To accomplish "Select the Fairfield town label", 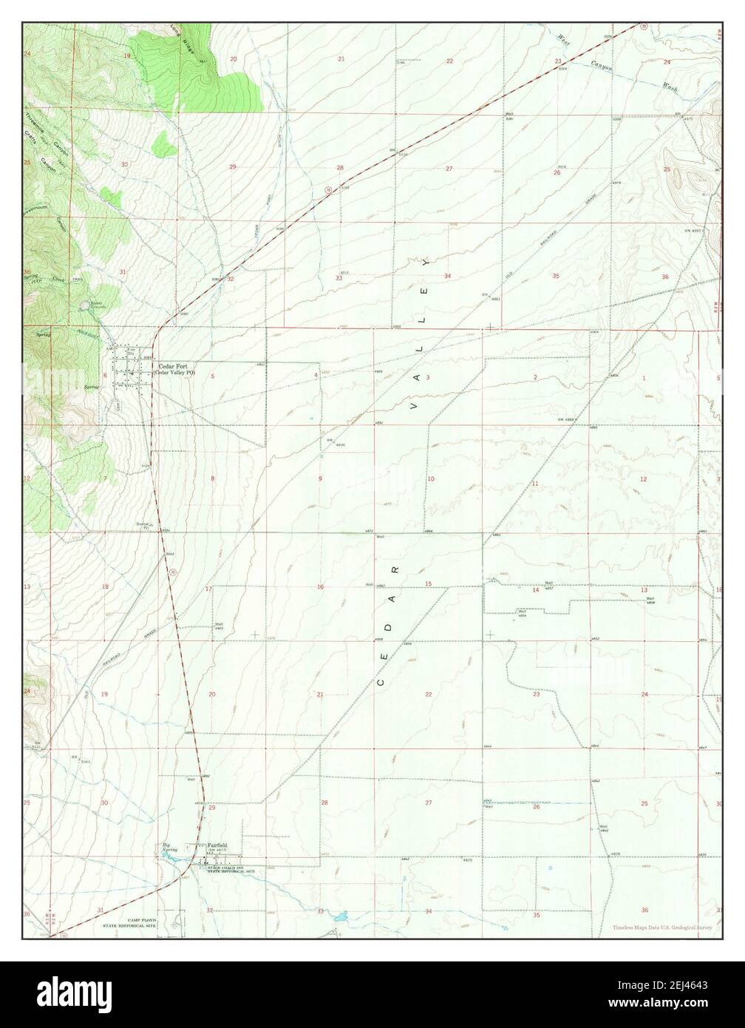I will click(217, 845).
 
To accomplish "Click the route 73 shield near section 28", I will click(326, 192).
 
